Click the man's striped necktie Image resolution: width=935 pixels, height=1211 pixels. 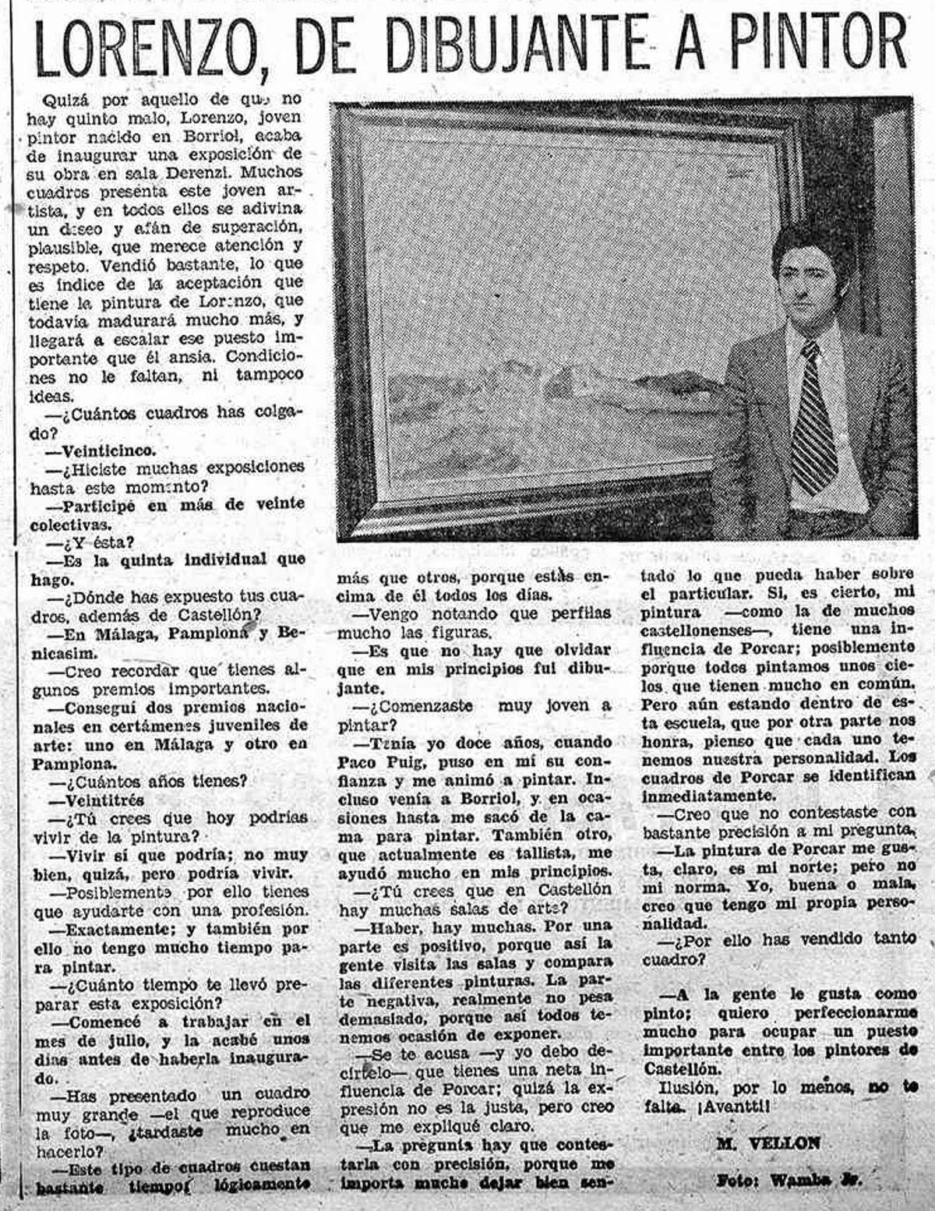813,421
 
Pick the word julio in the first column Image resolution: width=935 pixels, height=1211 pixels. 137,1040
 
